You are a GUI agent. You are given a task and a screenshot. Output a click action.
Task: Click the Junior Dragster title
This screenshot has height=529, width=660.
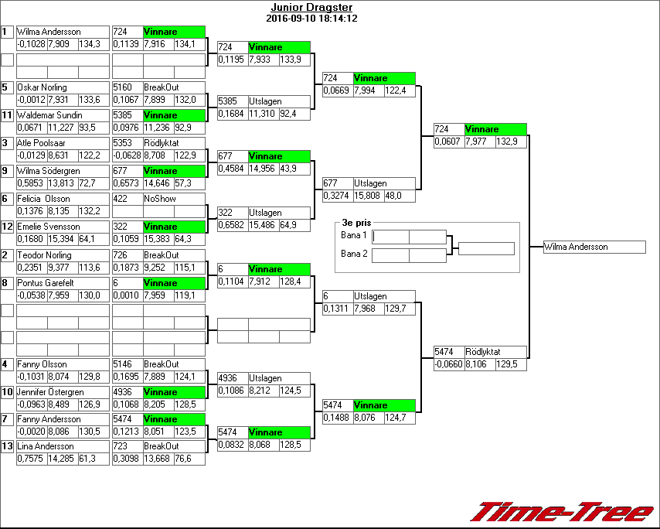(x=311, y=7)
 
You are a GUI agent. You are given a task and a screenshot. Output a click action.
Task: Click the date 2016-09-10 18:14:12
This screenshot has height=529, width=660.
(x=311, y=18)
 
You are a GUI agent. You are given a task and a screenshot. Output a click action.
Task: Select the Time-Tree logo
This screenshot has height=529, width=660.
(x=563, y=512)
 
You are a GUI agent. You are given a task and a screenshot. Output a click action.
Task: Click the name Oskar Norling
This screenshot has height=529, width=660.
(x=42, y=87)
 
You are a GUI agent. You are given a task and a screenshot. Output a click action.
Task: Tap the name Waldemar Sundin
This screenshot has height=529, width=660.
(x=47, y=115)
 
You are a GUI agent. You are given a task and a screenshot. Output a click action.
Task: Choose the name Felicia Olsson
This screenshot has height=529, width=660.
(x=43, y=199)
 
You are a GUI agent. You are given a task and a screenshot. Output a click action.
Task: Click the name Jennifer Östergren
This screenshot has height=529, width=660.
(x=50, y=392)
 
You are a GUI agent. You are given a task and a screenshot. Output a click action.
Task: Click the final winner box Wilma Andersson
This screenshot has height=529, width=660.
(x=594, y=247)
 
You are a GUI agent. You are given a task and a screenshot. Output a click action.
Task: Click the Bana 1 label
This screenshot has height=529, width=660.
(x=353, y=234)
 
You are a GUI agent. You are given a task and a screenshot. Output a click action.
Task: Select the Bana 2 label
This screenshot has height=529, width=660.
(x=353, y=253)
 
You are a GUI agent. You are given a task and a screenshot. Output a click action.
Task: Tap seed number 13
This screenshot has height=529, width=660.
(x=7, y=446)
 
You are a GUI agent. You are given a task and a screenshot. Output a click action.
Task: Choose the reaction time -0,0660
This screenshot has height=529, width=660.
(x=447, y=363)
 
